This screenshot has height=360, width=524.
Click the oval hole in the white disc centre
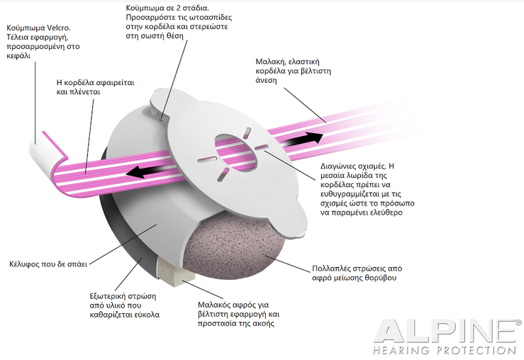pos(237,151)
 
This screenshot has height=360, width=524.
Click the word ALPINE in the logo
pos(445,331)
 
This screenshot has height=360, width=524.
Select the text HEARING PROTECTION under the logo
pos(445,350)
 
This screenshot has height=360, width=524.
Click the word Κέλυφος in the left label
pos(24,264)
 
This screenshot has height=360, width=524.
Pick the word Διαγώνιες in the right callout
pos(337,167)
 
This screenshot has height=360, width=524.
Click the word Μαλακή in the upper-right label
pos(270,62)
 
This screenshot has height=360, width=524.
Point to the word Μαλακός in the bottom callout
pos(214,305)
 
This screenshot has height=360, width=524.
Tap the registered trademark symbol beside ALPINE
pos(518,322)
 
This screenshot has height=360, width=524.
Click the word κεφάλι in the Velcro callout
pos(18,56)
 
